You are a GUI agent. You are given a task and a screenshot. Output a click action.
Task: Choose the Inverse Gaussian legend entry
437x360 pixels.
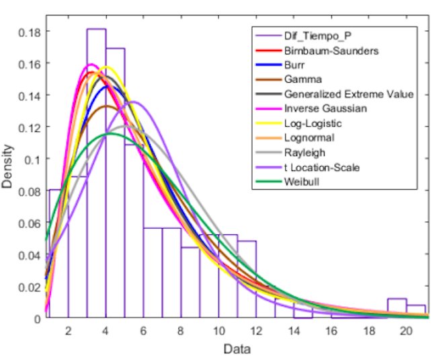[x=325, y=108]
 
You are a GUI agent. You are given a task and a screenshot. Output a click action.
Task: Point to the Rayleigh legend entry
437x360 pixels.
[x=305, y=152]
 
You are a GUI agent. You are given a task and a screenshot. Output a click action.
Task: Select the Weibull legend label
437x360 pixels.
[x=301, y=181]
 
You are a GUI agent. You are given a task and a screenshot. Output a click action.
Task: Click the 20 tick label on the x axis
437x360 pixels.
[x=405, y=331]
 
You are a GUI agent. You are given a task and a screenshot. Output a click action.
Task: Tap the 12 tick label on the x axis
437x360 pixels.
[x=256, y=331]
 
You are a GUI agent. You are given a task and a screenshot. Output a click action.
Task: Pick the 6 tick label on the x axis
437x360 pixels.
[x=143, y=331]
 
